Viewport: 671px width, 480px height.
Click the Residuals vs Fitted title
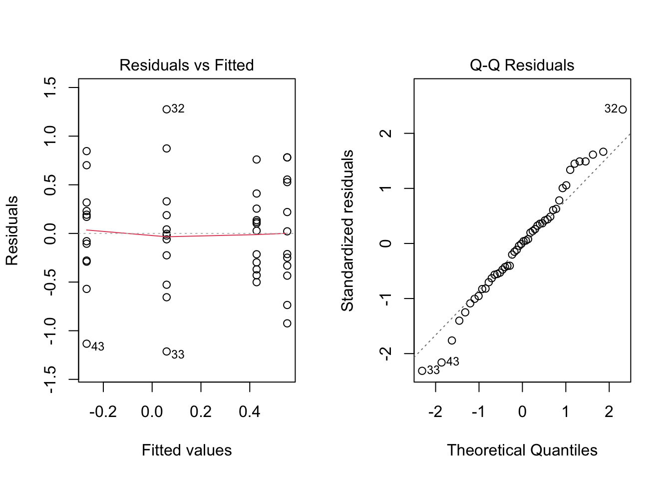(x=186, y=65)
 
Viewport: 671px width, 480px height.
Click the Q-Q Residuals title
(x=522, y=65)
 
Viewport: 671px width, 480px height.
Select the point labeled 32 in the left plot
(x=167, y=109)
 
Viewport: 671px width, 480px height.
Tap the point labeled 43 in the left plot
(x=86, y=343)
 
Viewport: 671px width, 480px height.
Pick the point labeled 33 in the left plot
(x=167, y=351)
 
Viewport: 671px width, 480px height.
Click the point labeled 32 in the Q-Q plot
(x=623, y=109)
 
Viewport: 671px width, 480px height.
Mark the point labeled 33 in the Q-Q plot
(x=422, y=370)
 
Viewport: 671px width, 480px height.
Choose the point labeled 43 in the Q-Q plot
(x=441, y=362)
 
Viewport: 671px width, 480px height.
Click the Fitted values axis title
(x=187, y=450)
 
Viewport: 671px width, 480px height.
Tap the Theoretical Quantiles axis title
(x=522, y=450)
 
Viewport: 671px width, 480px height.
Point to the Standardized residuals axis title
(x=347, y=230)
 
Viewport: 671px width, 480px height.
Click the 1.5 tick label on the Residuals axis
(x=50, y=87)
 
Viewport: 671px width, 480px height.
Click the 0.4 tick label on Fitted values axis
(x=250, y=412)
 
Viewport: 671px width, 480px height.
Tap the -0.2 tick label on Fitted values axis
(x=103, y=412)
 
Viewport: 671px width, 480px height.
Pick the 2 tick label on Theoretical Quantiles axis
(x=609, y=412)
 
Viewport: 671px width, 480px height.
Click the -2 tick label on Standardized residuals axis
(x=385, y=354)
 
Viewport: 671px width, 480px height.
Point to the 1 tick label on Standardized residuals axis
(x=385, y=188)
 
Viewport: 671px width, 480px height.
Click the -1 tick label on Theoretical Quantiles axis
(x=478, y=412)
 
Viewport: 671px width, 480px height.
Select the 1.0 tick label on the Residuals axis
(x=50, y=136)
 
